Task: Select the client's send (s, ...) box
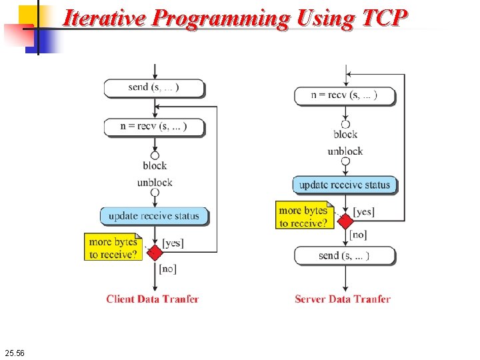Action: pos(154,87)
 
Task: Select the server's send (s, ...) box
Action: pos(344,255)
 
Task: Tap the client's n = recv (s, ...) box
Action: pos(154,127)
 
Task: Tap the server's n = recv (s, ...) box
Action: pos(344,95)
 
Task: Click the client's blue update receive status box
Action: pos(154,216)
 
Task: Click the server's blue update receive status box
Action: pos(344,185)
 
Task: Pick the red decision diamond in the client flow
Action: pos(155,252)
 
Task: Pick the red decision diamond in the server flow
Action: pos(345,221)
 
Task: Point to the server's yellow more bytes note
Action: pos(303,216)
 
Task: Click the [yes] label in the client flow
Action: pos(173,243)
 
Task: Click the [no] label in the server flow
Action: pos(358,235)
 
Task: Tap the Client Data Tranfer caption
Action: pos(153,299)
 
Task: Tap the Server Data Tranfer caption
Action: pos(343,299)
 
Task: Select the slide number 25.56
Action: pos(14,352)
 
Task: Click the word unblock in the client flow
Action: pos(155,182)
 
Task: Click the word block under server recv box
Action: pos(345,134)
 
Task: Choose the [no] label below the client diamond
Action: pos(167,268)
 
